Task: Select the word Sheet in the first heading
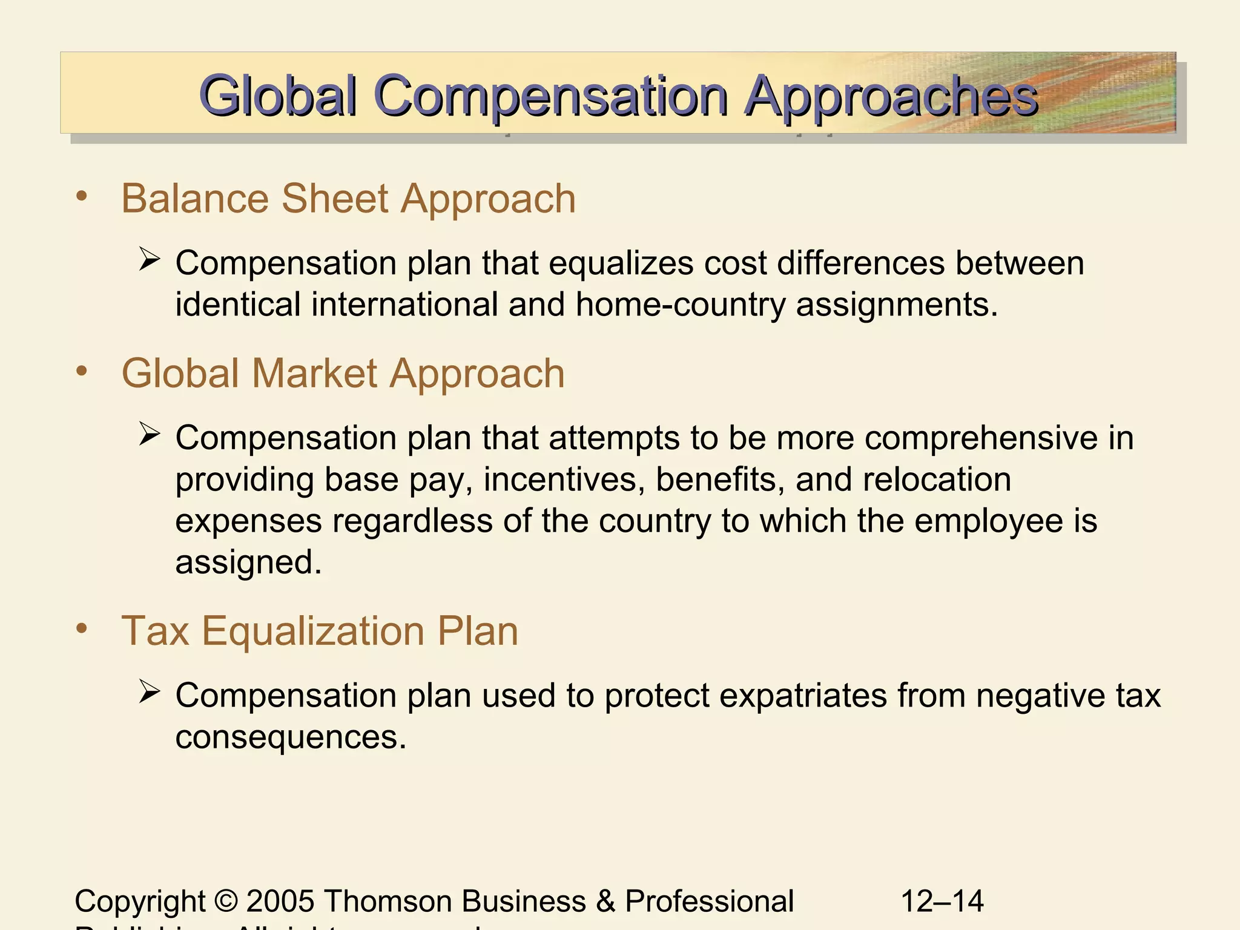pyautogui.click(x=335, y=199)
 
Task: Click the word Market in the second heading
pyautogui.click(x=315, y=373)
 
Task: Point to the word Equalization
pyautogui.click(x=313, y=631)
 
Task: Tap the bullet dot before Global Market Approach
pyautogui.click(x=82, y=371)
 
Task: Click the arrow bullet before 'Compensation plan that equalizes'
pyautogui.click(x=149, y=260)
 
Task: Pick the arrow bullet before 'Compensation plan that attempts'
pyautogui.click(x=149, y=434)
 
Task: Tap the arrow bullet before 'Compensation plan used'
pyautogui.click(x=149, y=692)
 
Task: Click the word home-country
pyautogui.click(x=681, y=304)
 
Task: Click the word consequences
pyautogui.click(x=291, y=737)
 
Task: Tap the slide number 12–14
pyautogui.click(x=942, y=901)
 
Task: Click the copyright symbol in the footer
pyautogui.click(x=226, y=901)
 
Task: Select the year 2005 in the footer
pyautogui.click(x=280, y=901)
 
